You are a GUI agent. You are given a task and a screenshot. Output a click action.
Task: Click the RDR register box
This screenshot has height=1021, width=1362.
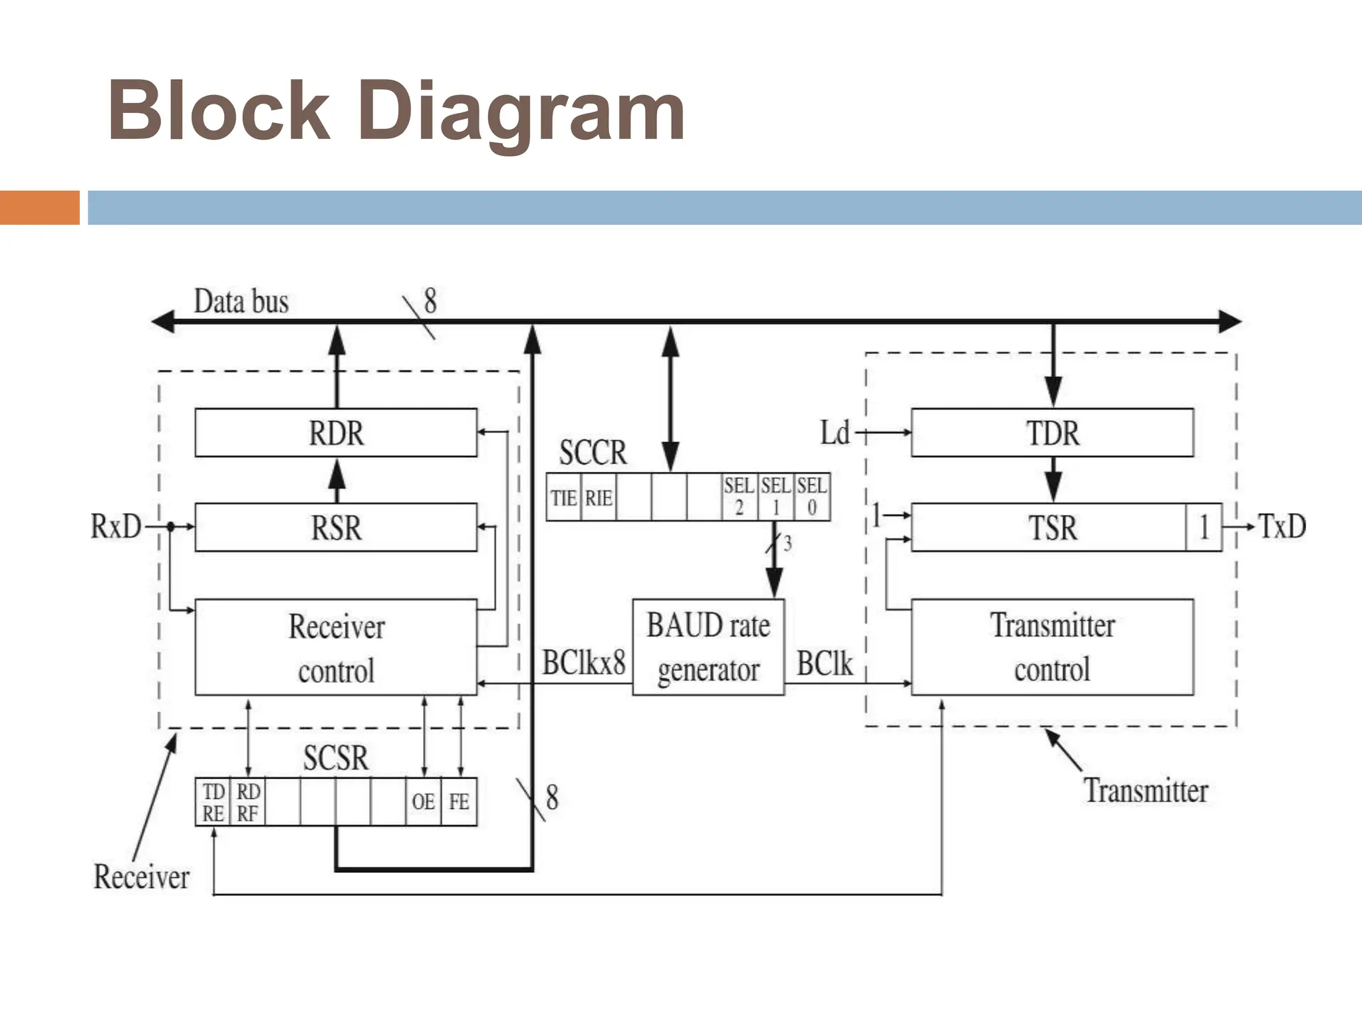(336, 433)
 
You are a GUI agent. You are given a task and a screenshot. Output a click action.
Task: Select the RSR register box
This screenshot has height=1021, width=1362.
(336, 528)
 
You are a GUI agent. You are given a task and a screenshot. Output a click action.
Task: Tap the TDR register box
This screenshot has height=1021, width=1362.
(1052, 433)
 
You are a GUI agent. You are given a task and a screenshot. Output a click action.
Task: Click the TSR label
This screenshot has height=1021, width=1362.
(1052, 528)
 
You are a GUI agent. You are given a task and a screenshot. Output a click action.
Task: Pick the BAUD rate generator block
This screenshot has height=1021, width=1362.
(708, 647)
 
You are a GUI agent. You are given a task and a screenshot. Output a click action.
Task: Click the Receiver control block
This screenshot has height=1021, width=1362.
(336, 647)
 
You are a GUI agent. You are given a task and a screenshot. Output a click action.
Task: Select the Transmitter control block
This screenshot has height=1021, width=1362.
(1052, 647)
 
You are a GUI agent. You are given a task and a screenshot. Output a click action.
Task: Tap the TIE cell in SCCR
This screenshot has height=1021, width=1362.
(563, 497)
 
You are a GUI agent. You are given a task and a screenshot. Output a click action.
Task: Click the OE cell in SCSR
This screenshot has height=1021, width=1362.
(424, 802)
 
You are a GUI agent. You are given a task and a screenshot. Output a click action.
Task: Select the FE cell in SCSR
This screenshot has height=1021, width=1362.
(459, 802)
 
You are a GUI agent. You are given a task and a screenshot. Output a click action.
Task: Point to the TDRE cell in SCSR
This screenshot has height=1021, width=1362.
(213, 802)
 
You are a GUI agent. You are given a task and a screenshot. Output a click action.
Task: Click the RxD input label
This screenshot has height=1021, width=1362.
(116, 527)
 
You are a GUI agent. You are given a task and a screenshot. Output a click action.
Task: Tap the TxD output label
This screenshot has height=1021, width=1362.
(1282, 526)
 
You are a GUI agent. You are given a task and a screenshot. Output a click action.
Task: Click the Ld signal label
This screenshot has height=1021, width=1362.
(835, 433)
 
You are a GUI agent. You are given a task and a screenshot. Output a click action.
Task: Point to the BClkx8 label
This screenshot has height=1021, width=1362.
(584, 663)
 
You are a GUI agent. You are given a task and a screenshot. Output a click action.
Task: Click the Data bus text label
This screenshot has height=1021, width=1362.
(241, 302)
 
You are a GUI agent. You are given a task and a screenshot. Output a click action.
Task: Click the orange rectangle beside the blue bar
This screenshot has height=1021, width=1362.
(39, 207)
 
